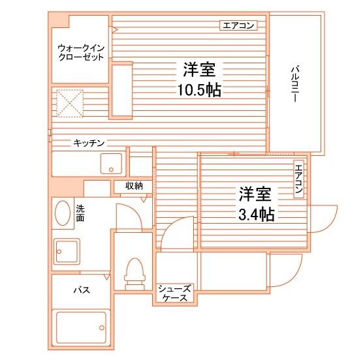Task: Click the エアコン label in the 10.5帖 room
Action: tap(238, 26)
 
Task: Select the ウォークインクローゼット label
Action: tap(80, 52)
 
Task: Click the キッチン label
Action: tap(89, 143)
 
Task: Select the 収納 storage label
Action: tap(134, 187)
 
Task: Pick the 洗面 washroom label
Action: tap(80, 213)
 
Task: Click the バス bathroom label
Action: tap(81, 290)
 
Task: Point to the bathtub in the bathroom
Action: tap(81, 329)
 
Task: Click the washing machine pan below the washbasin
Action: tap(67, 251)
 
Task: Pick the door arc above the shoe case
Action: tap(178, 235)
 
